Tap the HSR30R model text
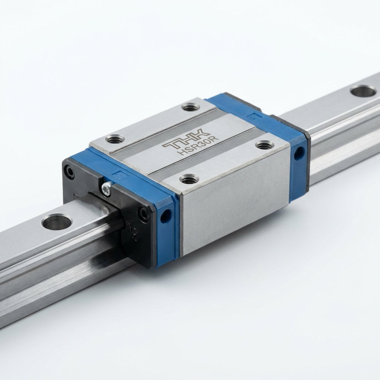click(x=198, y=145)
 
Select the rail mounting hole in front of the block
click(x=57, y=222)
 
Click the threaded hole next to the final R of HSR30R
click(x=265, y=145)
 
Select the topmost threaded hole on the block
click(x=191, y=107)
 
